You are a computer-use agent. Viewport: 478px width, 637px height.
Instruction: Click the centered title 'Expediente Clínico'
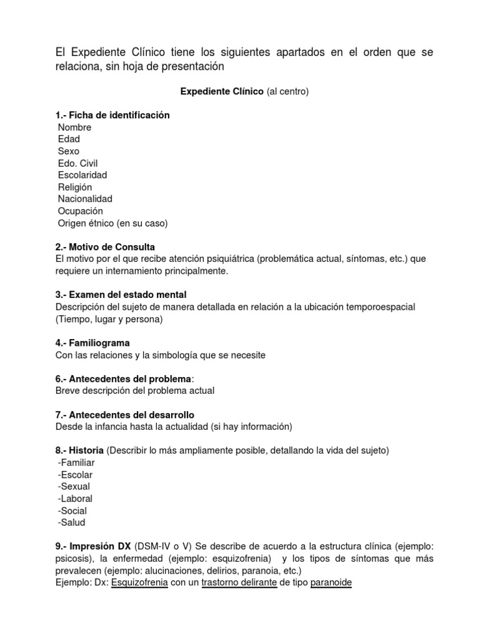[222, 91]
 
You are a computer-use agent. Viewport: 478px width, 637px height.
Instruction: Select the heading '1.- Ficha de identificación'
[113, 115]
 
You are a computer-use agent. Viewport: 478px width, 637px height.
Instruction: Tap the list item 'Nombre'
[74, 128]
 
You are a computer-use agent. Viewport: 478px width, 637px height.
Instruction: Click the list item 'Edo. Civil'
[78, 163]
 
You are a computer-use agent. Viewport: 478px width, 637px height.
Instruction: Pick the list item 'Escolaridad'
[82, 175]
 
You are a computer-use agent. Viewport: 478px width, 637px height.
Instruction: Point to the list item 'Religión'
[75, 187]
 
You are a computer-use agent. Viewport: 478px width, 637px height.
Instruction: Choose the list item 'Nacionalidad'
[85, 199]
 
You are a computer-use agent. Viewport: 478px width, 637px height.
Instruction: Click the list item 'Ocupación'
[80, 211]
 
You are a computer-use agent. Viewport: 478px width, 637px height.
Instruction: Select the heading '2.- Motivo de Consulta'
[105, 246]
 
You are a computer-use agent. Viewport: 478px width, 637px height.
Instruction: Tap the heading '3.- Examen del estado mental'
[121, 294]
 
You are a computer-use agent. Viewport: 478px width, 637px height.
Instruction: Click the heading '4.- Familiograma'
[92, 343]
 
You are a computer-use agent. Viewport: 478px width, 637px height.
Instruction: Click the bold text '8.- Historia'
[80, 450]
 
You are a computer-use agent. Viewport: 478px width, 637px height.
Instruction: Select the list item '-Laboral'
[75, 498]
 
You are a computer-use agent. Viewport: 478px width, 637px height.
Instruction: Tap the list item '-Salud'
[71, 523]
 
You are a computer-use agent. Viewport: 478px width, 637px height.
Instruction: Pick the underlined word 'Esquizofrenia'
[139, 582]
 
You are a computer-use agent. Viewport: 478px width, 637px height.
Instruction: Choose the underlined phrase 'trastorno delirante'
[240, 582]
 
